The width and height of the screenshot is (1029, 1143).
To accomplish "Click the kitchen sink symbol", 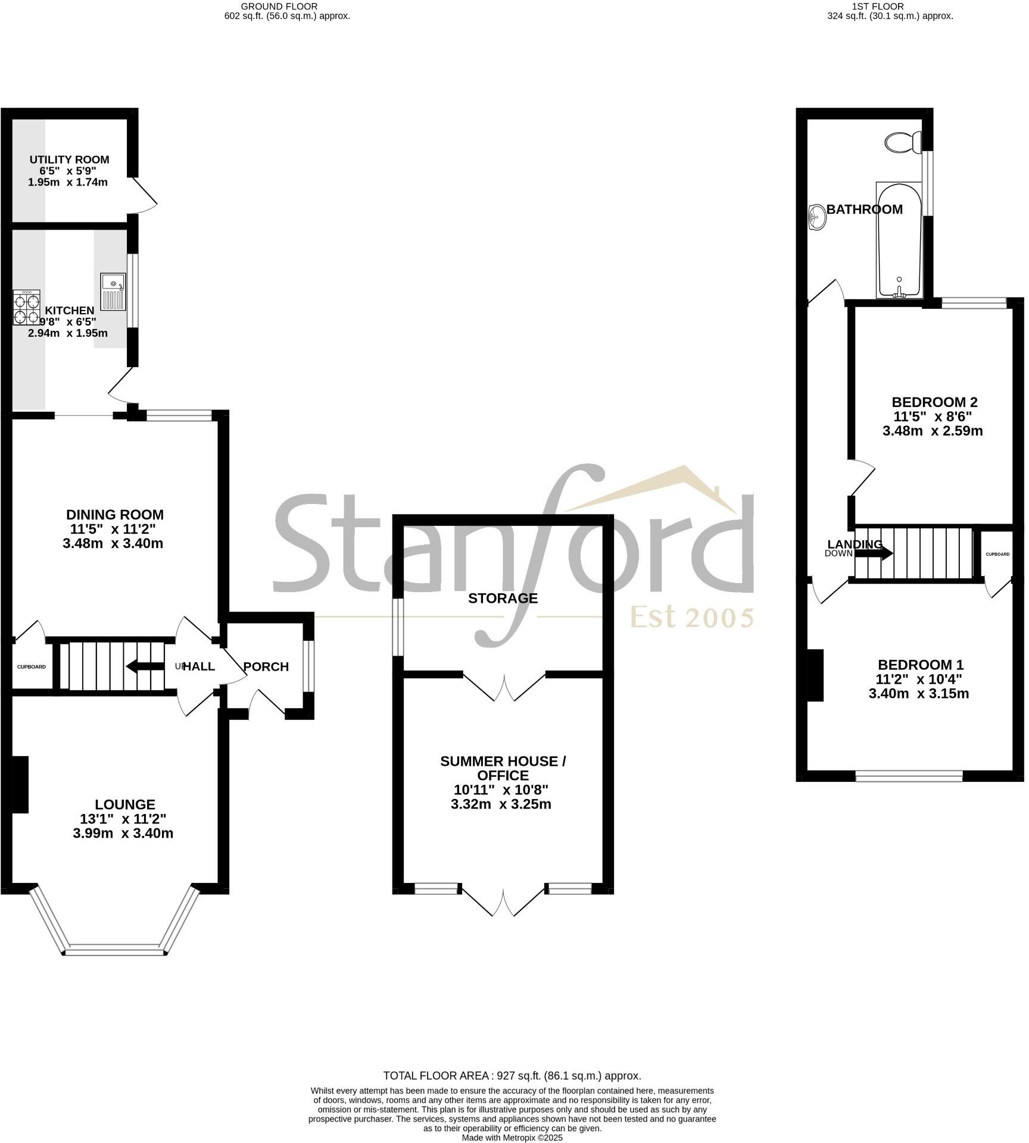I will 113,291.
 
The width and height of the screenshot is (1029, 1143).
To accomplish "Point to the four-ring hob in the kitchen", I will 27,308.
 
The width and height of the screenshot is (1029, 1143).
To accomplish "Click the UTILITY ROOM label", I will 70,159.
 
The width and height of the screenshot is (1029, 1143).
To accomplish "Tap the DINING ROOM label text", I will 114,515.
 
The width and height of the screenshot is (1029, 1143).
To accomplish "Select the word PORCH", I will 266,667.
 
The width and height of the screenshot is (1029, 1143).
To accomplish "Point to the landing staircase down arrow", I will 874,553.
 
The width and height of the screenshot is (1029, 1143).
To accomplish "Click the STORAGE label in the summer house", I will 503,598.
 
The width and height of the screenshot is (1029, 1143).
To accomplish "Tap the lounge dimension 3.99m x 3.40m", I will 123,833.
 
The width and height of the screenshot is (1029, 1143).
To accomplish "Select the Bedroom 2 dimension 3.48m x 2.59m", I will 932,431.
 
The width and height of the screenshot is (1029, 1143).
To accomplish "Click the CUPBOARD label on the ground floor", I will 31,667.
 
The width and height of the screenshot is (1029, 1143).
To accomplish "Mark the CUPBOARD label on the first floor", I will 997,555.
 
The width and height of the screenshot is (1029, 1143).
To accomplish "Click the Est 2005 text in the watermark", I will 692,618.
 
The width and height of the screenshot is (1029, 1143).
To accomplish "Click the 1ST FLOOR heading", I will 877,7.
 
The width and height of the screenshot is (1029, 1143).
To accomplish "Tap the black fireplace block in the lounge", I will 20,784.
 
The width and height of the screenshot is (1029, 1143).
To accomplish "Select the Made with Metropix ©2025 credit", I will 512,1138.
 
